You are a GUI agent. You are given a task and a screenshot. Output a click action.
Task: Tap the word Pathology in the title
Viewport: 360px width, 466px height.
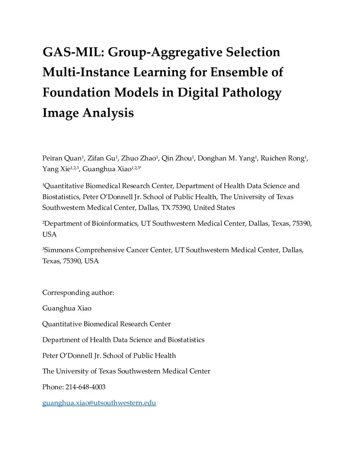[x=252, y=92]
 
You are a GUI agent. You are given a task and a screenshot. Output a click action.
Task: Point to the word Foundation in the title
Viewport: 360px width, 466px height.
[x=76, y=92]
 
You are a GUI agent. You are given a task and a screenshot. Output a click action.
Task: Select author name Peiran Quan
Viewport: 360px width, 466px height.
[x=62, y=158]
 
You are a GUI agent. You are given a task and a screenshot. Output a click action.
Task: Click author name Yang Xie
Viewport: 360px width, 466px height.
[x=56, y=169]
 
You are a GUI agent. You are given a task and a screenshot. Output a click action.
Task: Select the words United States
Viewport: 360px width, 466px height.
[x=214, y=208]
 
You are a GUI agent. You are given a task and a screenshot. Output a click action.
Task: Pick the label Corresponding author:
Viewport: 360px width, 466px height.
[x=78, y=293]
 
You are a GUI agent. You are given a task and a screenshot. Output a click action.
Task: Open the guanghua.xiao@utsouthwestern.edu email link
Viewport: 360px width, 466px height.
[x=99, y=403]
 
